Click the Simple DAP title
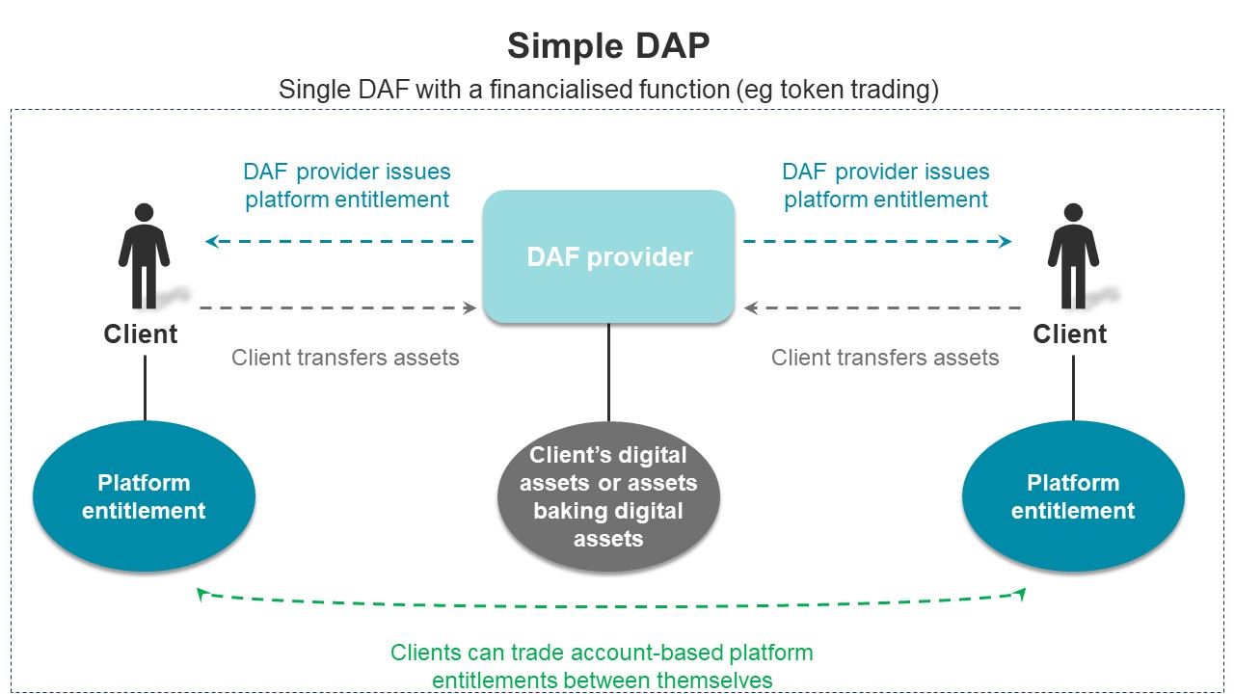pyautogui.click(x=608, y=45)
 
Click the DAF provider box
pyautogui.click(x=608, y=256)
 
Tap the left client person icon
pyautogui.click(x=144, y=256)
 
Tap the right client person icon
pyautogui.click(x=1073, y=256)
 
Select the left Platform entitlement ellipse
pyautogui.click(x=145, y=496)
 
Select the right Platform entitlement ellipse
pyautogui.click(x=1073, y=496)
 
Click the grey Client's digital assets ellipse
pyautogui.click(x=608, y=496)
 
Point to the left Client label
pyautogui.click(x=141, y=334)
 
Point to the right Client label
pyautogui.click(x=1070, y=334)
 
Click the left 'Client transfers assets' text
pyautogui.click(x=345, y=358)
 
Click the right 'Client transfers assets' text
pyautogui.click(x=885, y=358)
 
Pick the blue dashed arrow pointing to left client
pyautogui.click(x=339, y=241)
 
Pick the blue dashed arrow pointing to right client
pyautogui.click(x=877, y=241)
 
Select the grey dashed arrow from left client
pyautogui.click(x=338, y=307)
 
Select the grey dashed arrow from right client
pyautogui.click(x=882, y=307)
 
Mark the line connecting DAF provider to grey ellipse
pyautogui.click(x=608, y=372)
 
